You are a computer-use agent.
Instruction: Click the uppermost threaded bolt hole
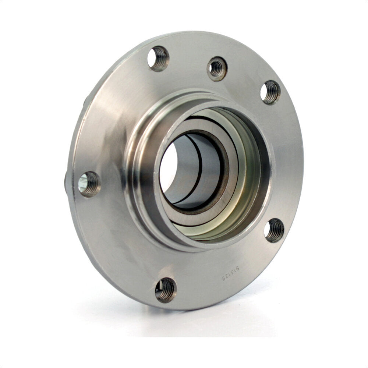click(x=158, y=59)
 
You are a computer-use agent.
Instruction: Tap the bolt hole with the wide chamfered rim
click(x=217, y=68)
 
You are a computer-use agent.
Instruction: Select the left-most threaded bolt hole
click(x=89, y=184)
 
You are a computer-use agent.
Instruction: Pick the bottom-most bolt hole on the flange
click(x=166, y=290)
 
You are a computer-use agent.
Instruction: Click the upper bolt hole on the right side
click(x=270, y=92)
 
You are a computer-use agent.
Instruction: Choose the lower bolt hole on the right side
click(x=274, y=230)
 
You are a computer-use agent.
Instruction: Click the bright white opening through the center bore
click(x=168, y=169)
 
